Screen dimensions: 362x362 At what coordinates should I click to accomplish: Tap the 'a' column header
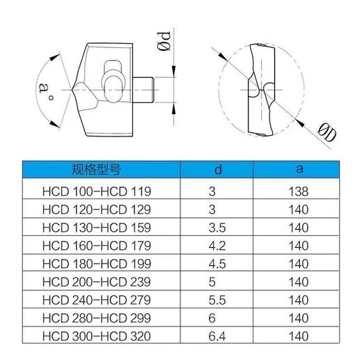(299, 169)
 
